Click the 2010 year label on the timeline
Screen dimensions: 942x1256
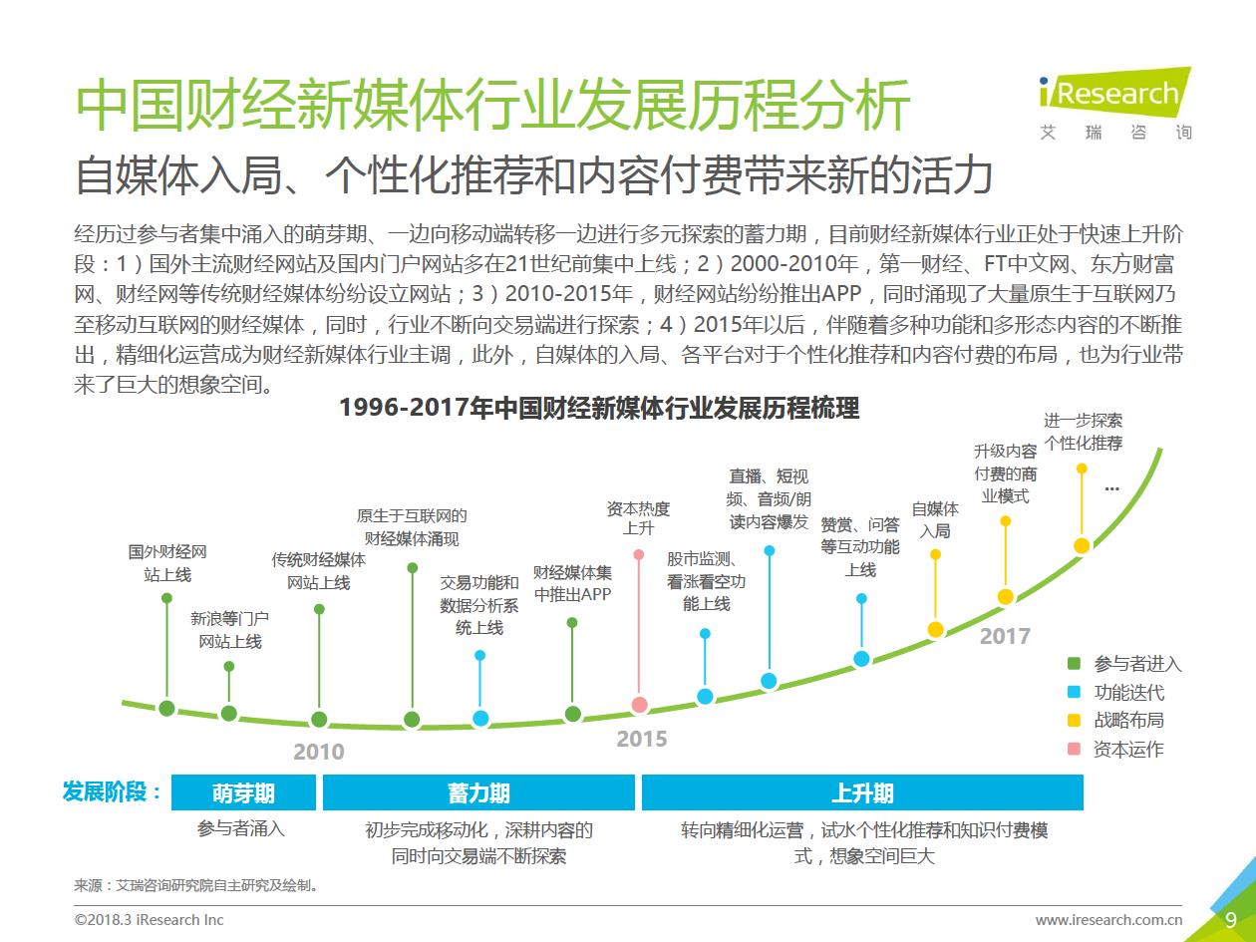(318, 752)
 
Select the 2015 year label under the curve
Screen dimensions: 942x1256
(641, 740)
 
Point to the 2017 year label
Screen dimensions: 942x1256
(1004, 636)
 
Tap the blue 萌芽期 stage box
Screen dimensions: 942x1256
(243, 792)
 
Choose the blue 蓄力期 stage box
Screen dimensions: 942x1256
(478, 792)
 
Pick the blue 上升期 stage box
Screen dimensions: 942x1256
(862, 792)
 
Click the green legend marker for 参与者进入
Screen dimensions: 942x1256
(1074, 664)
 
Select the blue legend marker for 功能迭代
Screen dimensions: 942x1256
(1074, 692)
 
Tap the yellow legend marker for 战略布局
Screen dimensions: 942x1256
(1074, 720)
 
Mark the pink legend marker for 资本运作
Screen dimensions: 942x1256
(1074, 749)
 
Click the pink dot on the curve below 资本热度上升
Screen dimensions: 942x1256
(640, 705)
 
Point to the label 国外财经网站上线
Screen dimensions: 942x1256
(167, 563)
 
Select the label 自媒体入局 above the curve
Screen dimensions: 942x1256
(935, 520)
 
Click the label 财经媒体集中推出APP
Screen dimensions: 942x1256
(572, 583)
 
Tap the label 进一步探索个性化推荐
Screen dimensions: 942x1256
(1083, 432)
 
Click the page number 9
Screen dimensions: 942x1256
(1231, 919)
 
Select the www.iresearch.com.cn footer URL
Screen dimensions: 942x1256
(1108, 920)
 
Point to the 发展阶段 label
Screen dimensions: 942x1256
(112, 792)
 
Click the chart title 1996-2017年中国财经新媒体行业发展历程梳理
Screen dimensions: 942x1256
(599, 409)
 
